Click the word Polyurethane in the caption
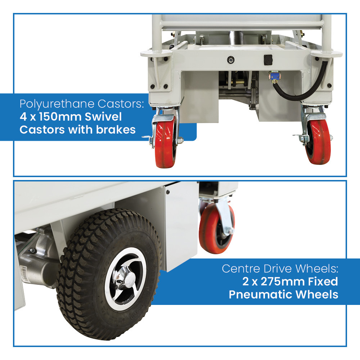57,104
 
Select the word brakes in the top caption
116,130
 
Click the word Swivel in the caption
103,117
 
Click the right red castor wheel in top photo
318,142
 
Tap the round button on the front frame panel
231,60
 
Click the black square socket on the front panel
268,60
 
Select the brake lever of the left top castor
147,138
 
